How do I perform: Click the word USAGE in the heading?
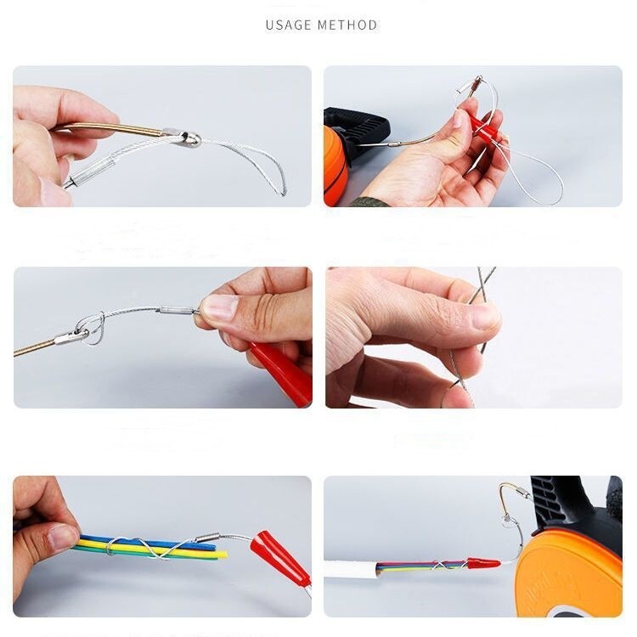coord(289,25)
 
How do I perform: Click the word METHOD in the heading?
coord(347,25)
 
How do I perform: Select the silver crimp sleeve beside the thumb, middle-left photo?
coord(178,311)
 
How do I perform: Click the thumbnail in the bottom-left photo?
coord(62,538)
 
